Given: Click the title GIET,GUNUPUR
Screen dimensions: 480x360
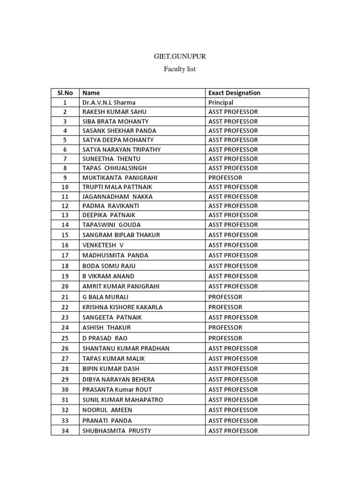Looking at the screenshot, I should point(180,57).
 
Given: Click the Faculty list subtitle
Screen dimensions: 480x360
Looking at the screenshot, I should point(180,69).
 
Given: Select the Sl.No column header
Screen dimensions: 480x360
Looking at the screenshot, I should point(65,93).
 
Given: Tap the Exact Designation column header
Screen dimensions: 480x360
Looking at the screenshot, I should point(234,93).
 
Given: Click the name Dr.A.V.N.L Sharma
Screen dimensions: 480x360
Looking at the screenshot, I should point(109,102).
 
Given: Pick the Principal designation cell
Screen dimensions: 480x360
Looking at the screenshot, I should point(221,102).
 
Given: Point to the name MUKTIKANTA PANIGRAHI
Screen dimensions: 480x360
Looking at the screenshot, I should point(120,178).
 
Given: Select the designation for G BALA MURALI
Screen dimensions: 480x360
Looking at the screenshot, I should point(225,297).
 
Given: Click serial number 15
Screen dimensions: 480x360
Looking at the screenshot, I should point(65,235).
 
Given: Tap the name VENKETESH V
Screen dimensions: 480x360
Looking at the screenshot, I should point(103,245).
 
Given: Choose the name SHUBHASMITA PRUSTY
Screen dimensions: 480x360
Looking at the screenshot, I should point(117,431).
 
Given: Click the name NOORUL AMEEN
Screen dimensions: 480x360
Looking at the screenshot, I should point(107,410).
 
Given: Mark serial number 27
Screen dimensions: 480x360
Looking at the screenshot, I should point(65,359).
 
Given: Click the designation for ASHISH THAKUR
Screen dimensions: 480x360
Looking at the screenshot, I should point(225,328).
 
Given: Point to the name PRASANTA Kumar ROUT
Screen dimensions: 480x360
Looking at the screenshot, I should point(117,390).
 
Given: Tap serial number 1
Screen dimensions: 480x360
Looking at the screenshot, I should point(65,102).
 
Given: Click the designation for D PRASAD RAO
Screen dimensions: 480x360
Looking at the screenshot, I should point(225,338).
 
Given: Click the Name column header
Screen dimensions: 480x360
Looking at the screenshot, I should point(91,93).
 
